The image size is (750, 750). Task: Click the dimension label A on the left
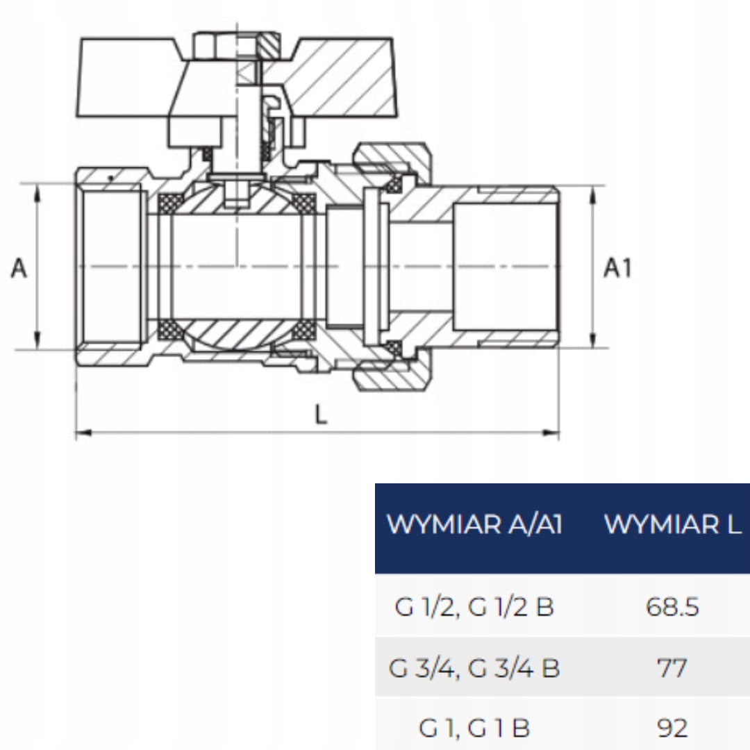(x=19, y=268)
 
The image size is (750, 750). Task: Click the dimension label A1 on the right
(x=617, y=268)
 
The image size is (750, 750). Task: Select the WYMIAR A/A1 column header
(x=474, y=524)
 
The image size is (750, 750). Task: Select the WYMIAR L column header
(x=672, y=524)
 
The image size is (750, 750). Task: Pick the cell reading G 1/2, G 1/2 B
(x=474, y=606)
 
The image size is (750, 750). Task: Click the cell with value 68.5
(x=672, y=606)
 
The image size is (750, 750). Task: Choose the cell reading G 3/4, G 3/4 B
(x=474, y=668)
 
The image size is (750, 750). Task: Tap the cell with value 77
(x=672, y=668)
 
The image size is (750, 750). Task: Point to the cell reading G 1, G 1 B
(x=474, y=728)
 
